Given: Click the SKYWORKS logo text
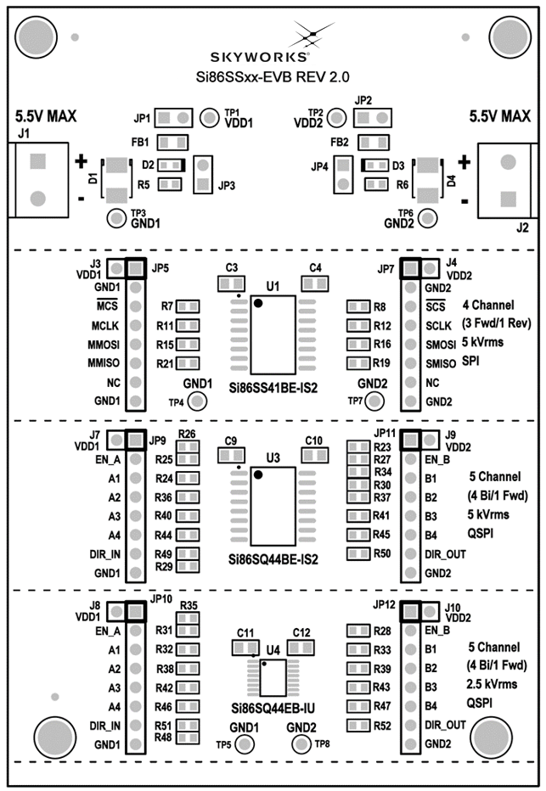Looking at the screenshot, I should [x=272, y=58].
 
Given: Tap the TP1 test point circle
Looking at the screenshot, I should [x=210, y=115].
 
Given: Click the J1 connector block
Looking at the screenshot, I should [x=37, y=179].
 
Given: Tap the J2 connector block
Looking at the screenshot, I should [x=507, y=179].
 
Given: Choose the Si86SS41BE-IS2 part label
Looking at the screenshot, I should [x=273, y=387].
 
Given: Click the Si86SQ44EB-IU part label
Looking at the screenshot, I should [x=273, y=708].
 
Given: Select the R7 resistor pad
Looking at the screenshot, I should [x=189, y=306].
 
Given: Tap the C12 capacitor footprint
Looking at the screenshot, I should [x=300, y=648].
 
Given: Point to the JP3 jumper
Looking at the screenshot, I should [x=203, y=176].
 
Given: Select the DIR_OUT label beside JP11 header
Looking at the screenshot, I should [x=445, y=553].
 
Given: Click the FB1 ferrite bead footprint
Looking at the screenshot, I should [x=173, y=141].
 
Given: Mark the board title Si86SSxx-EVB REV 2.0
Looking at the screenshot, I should [x=273, y=77].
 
